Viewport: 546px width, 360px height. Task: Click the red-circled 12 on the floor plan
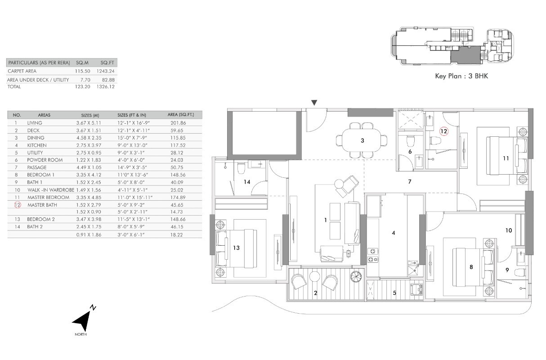[x=444, y=131]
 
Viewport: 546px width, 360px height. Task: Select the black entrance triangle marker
[x=314, y=103]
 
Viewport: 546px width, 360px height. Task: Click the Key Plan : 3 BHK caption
[x=461, y=76]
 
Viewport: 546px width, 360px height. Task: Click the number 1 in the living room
[x=326, y=220]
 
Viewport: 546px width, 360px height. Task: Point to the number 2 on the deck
[x=315, y=293]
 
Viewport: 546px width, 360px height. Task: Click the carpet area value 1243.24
[x=106, y=71]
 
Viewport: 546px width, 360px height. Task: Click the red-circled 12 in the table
[x=18, y=205]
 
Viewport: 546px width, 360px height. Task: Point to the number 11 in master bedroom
[x=506, y=158]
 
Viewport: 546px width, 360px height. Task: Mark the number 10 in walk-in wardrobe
[x=508, y=230]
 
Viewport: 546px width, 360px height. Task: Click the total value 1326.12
[x=106, y=86]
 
